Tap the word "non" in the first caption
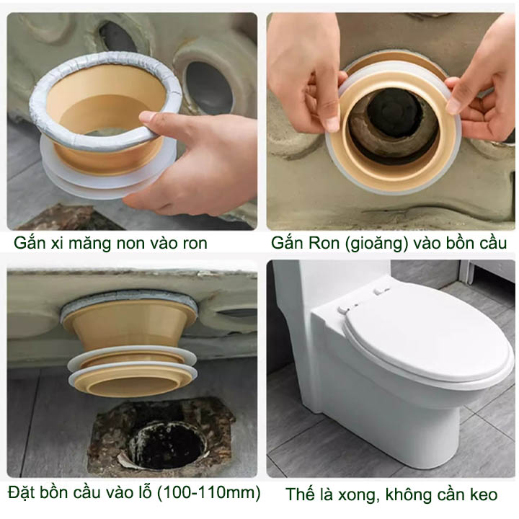click(131, 244)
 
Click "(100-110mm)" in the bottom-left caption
click(208, 493)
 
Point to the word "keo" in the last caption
click(484, 494)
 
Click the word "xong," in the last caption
click(358, 495)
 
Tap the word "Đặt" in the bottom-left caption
click(22, 492)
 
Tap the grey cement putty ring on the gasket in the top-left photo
click(106, 99)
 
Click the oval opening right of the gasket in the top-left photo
click(208, 86)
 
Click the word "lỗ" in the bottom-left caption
click(144, 492)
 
